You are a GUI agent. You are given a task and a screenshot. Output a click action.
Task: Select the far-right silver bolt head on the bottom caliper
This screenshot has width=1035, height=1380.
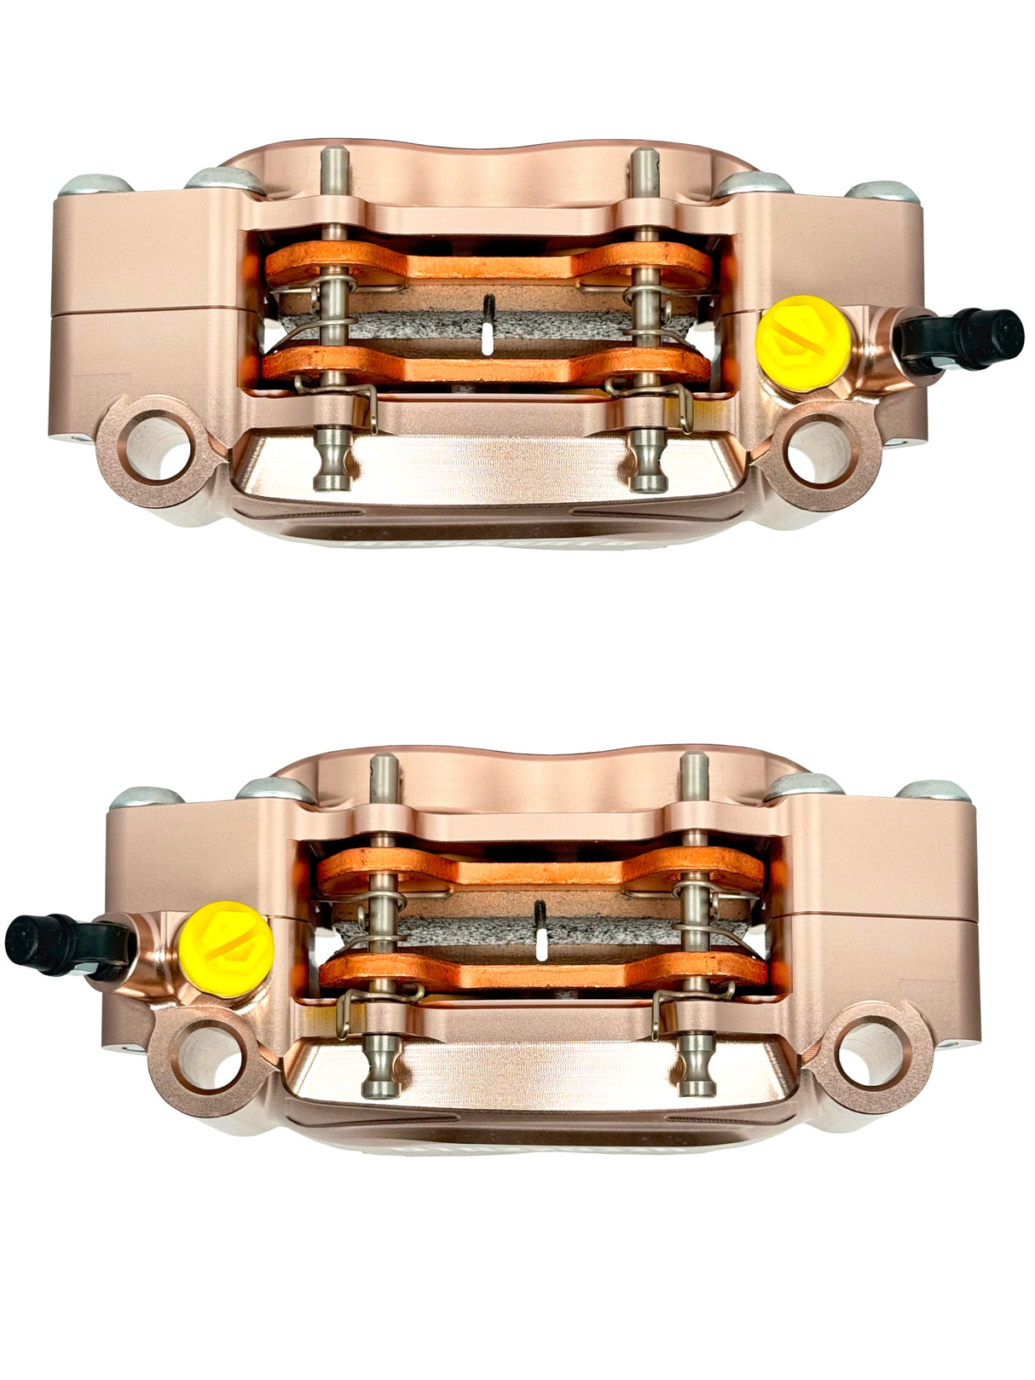coord(935,791)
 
